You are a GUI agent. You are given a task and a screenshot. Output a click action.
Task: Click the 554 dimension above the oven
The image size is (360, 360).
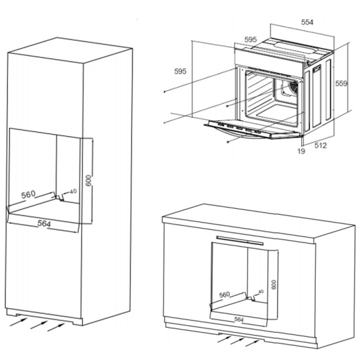pos(307,22)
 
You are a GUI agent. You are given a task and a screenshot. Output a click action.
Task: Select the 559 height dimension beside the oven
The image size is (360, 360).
pos(341,83)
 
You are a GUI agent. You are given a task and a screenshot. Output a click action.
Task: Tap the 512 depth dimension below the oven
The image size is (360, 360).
pos(320,146)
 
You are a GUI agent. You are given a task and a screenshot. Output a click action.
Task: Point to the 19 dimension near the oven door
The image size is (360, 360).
pos(301,151)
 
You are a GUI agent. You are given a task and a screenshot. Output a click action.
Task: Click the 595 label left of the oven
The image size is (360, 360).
pos(180,71)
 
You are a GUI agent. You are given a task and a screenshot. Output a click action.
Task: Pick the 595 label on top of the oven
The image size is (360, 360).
pos(250,40)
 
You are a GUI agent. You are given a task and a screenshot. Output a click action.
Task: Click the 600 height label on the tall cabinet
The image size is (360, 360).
pos(88,181)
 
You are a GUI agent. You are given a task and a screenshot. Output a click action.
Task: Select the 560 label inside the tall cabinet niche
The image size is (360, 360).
pos(28,194)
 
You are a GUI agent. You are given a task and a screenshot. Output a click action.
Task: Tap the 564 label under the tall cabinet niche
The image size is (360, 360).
pos(44,223)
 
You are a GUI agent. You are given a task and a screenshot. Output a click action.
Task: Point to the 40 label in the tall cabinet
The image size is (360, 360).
pos(73,191)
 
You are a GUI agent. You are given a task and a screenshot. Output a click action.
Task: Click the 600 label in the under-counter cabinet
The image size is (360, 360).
pos(274,284)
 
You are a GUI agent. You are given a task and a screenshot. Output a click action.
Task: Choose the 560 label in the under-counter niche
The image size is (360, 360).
pos(224,295)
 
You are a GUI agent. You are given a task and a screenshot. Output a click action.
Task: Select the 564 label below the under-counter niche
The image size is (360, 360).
pos(239,319)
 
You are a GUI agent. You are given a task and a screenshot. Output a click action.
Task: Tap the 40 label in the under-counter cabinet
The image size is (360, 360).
pos(261,292)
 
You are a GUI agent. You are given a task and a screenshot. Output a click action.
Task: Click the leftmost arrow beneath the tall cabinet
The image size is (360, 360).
pos(19,321)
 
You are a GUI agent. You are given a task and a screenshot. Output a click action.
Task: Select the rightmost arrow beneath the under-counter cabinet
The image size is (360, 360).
pos(253,343)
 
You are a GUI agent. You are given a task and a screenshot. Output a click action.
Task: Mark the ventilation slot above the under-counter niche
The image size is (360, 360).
pos(240,241)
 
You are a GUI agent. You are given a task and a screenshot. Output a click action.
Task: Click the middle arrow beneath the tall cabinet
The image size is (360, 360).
pos(39,325)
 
